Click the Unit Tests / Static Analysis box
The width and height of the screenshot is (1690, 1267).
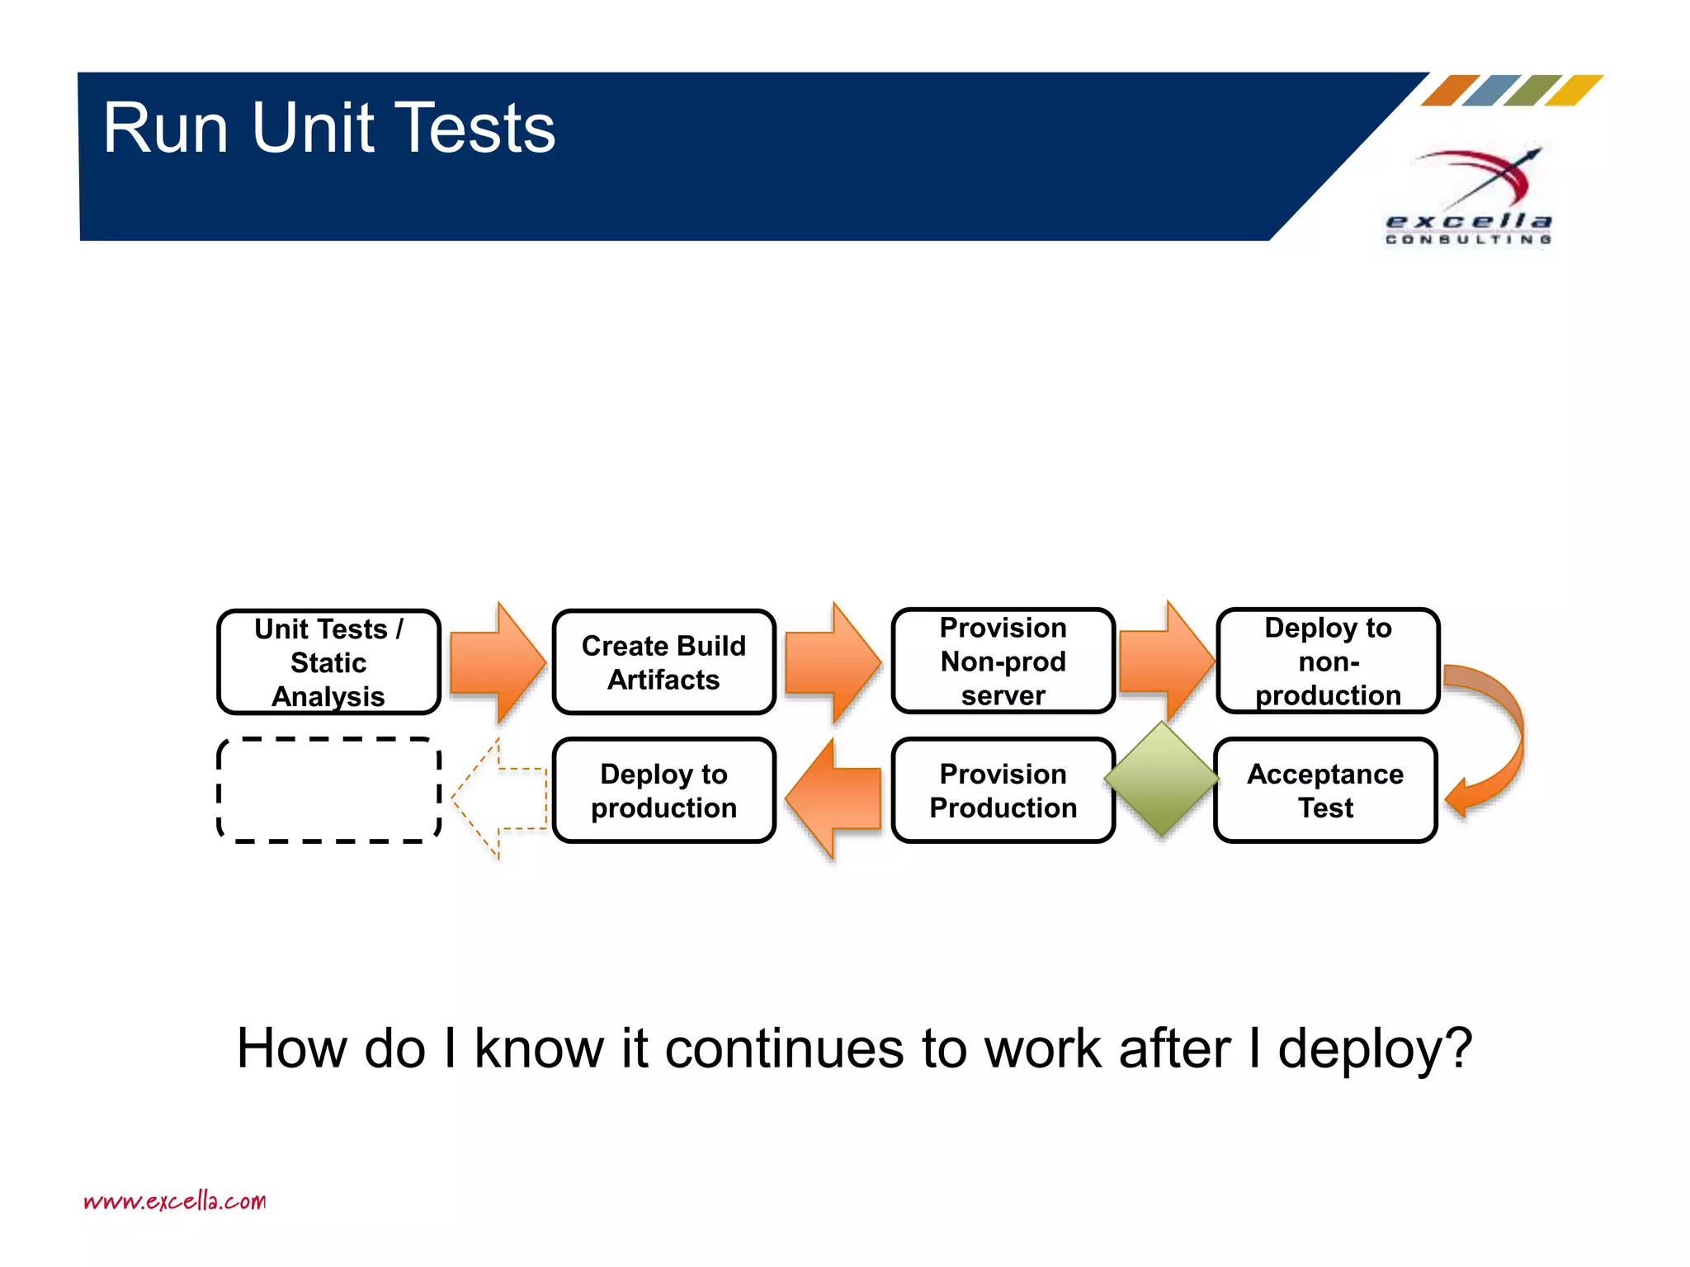pos(328,662)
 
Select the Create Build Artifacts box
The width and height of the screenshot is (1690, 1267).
pos(663,662)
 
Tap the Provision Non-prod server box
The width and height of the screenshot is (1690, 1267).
pos(1003,661)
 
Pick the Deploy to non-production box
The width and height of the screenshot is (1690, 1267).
pos(1328,661)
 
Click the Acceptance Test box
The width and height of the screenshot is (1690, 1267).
pos(1325,790)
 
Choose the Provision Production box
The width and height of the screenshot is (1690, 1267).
pos(1003,790)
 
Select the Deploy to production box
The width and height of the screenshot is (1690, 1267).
pos(663,790)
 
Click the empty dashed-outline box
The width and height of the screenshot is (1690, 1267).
pos(328,790)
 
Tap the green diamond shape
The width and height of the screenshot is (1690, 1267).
pos(1161,778)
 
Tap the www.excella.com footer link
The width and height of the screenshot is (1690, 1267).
pos(175,1200)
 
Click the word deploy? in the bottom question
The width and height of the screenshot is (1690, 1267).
pos(1375,1049)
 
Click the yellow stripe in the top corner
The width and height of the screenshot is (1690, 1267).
pos(1574,90)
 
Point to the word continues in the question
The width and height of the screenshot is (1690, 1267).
pos(784,1049)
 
